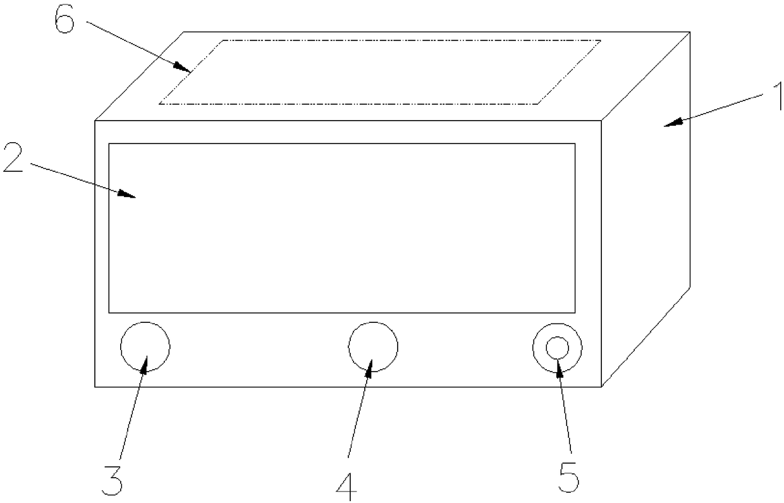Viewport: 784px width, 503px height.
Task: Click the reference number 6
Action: click(64, 20)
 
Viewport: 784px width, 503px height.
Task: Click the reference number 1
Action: click(777, 95)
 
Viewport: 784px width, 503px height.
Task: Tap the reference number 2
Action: click(13, 157)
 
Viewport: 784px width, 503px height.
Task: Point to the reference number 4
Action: click(346, 487)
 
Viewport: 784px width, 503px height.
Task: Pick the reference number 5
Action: click(568, 476)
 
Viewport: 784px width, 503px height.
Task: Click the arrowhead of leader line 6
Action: click(183, 67)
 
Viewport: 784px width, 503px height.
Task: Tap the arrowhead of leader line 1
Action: click(673, 123)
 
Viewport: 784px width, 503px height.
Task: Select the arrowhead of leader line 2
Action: click(126, 194)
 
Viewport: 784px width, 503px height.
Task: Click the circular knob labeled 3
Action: click(145, 347)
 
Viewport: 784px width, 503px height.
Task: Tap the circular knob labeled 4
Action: click(373, 347)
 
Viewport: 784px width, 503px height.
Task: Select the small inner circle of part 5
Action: click(557, 348)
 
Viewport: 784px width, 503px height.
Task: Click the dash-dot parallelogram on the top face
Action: click(380, 104)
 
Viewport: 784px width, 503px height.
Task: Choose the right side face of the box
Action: click(646, 209)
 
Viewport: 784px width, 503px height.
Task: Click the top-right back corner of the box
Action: click(690, 32)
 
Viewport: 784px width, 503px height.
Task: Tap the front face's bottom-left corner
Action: click(95, 387)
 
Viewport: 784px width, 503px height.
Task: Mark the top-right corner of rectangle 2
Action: click(575, 143)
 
